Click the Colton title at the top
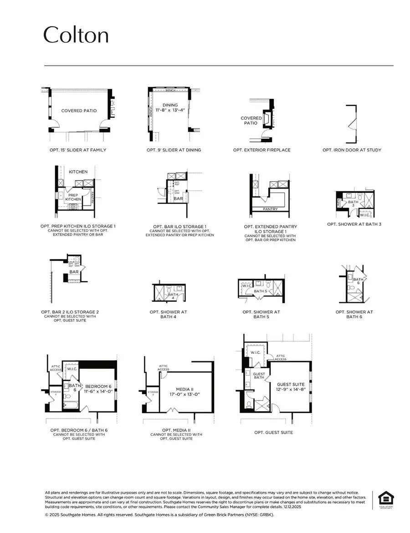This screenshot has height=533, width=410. [76, 35]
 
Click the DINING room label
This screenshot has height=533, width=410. [170, 105]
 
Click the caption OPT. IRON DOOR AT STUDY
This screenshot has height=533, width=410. [352, 150]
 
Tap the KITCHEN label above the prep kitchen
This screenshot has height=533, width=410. [78, 172]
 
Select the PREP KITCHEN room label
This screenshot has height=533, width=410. [73, 197]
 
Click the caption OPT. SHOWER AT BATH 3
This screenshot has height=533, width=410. [354, 224]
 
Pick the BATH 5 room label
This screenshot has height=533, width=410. [260, 291]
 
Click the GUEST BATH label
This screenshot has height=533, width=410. [259, 375]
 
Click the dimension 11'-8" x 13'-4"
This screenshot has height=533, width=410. [170, 110]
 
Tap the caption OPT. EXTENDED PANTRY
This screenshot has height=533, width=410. [271, 226]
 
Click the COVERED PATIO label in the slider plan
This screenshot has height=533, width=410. [79, 111]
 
